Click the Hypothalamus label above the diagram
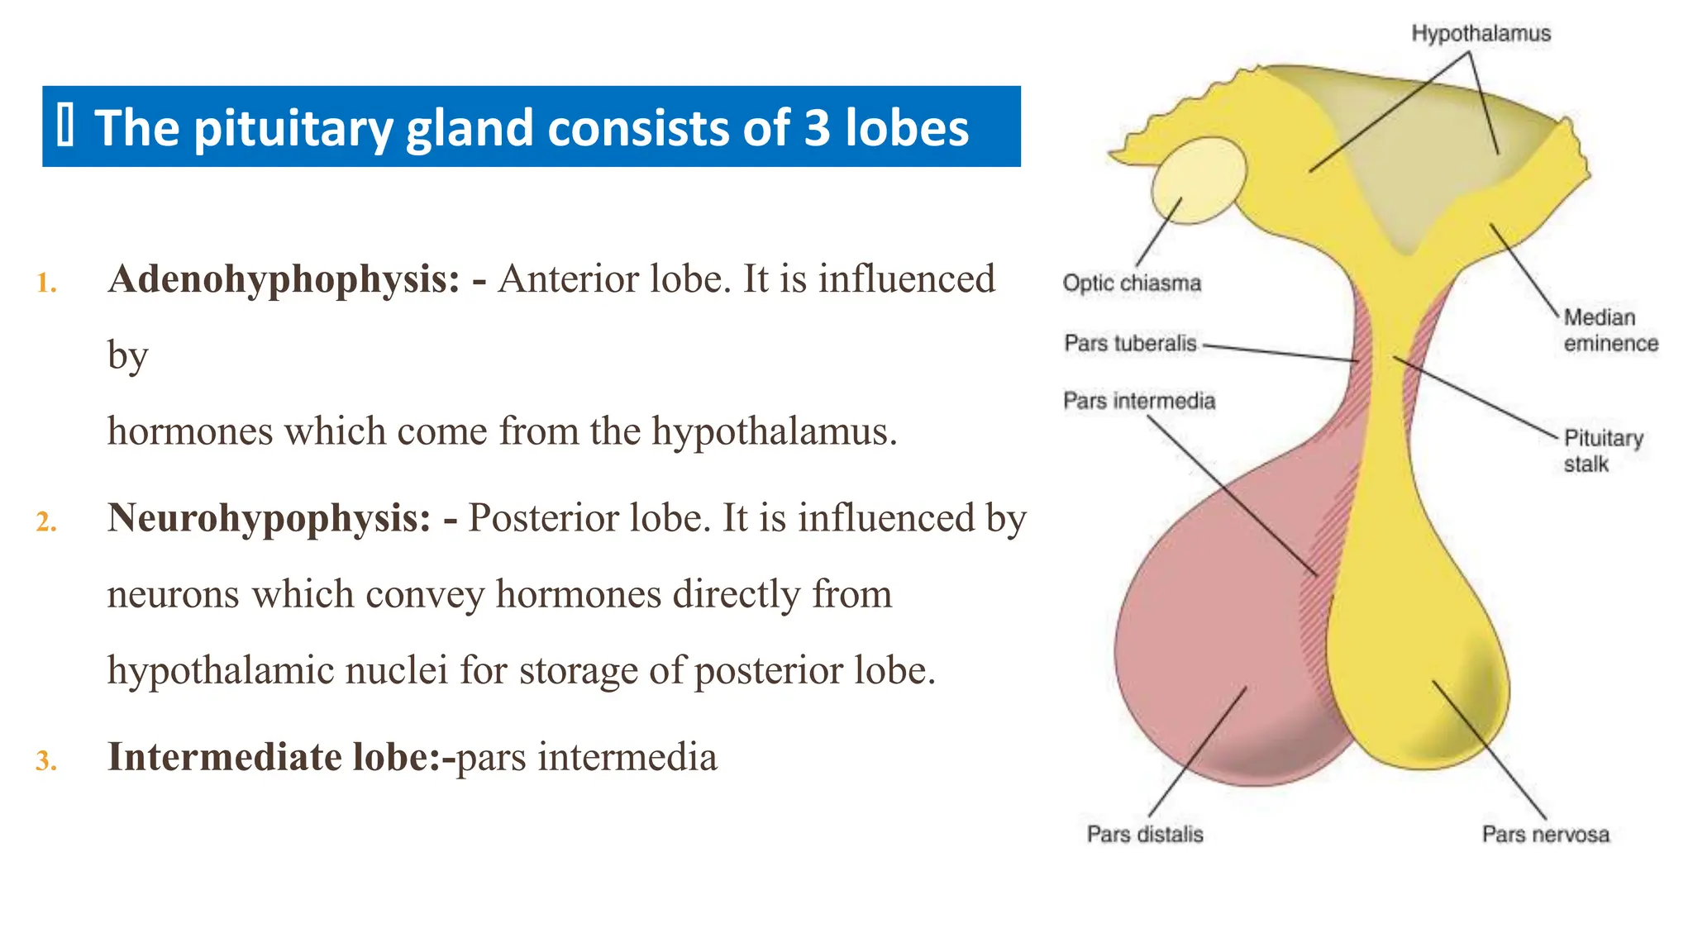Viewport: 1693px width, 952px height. coord(1481,34)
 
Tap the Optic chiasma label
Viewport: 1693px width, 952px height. coord(1132,283)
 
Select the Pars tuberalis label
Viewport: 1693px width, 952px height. coord(1130,343)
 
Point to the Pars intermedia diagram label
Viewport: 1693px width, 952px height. coord(1139,402)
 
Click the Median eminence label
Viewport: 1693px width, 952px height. coord(1610,331)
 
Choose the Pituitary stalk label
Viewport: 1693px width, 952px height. coord(1603,450)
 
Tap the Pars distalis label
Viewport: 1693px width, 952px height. coord(1145,834)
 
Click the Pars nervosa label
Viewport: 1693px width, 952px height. coord(1545,834)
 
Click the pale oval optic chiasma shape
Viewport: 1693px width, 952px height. coord(1198,180)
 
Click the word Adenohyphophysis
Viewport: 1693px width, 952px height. coord(284,279)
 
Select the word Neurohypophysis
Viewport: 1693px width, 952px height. coord(269,518)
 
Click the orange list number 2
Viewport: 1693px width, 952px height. coord(46,522)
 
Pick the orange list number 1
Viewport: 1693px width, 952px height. coord(46,283)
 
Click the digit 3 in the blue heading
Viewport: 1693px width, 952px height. coord(817,128)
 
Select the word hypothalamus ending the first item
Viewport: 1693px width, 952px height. coord(774,431)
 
